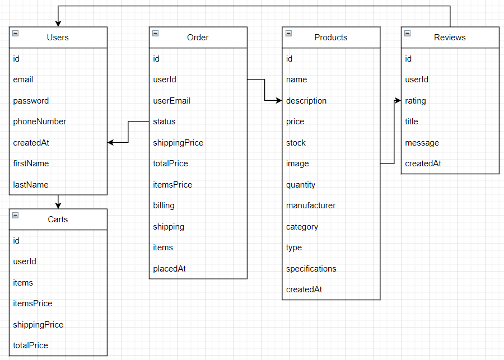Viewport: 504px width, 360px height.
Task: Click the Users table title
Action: coord(58,38)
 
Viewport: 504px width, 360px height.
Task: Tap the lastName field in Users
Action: coord(31,185)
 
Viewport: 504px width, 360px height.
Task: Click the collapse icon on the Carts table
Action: coord(15,216)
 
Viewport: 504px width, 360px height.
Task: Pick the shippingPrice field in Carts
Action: coord(38,325)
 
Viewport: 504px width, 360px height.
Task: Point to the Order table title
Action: coord(198,38)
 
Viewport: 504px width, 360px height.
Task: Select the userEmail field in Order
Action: coord(171,101)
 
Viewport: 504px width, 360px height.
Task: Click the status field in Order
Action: coord(164,121)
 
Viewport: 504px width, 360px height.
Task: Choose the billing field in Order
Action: coord(164,205)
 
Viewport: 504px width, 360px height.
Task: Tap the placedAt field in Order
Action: coord(169,269)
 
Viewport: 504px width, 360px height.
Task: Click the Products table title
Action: coord(330,38)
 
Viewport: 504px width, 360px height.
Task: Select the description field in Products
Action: coord(306,101)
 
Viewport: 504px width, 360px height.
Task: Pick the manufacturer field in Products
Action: coord(311,205)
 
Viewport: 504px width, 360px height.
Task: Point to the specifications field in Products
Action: coord(311,269)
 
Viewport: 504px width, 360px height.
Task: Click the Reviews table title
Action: coord(450,38)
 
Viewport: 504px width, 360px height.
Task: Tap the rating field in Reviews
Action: coord(416,101)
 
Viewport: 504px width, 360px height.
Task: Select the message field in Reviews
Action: coord(422,143)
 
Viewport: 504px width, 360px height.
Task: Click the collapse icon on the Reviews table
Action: coord(407,34)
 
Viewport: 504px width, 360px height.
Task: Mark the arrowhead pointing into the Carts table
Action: coord(58,205)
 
